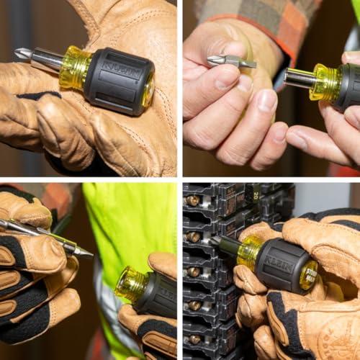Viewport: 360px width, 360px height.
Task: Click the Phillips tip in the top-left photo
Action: (22, 54)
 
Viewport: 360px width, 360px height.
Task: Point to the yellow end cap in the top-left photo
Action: (148, 89)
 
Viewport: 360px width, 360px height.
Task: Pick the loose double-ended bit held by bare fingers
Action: (231, 62)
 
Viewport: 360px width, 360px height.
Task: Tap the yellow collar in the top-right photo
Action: (325, 84)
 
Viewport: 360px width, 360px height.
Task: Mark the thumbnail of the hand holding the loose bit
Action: (267, 100)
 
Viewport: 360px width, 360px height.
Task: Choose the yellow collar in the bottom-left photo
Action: (132, 284)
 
